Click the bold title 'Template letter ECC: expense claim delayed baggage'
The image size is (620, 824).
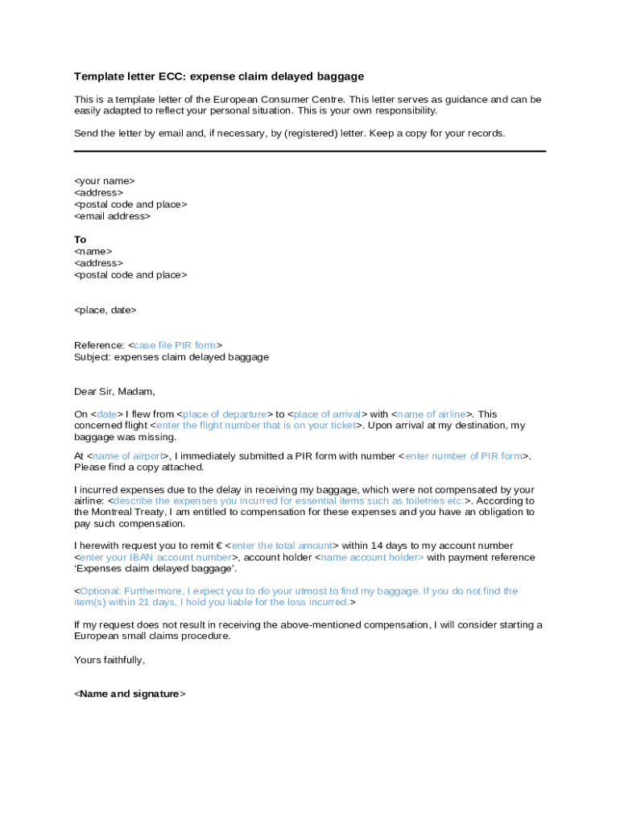coord(219,76)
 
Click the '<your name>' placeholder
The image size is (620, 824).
coord(105,181)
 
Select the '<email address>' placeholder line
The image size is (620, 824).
coord(112,216)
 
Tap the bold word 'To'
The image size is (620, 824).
coord(81,240)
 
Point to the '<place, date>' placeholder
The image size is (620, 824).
coord(105,310)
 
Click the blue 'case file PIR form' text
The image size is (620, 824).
coord(175,345)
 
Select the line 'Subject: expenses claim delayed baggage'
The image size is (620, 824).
coord(172,356)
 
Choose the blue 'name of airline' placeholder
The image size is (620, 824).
coord(432,414)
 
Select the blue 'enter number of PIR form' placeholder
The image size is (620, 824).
coord(464,456)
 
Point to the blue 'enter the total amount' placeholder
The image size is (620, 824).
coord(282,546)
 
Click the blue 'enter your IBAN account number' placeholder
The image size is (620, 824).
coord(155,557)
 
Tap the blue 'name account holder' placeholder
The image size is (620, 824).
coord(372,557)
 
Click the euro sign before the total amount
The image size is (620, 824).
coord(219,546)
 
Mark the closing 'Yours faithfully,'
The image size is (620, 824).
coord(110,660)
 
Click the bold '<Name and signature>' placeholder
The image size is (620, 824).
coord(130,694)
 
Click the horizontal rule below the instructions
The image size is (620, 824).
coord(310,150)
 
